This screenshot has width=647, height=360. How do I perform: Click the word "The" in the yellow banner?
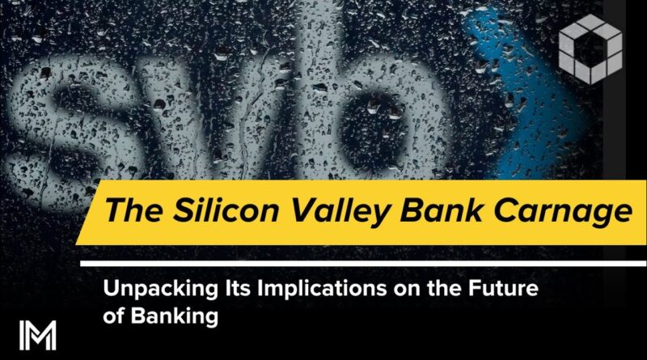point(133,210)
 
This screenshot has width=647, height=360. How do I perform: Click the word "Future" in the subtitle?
point(503,288)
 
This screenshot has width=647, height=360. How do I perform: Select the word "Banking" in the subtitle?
point(175,317)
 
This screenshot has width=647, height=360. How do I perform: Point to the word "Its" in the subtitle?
point(238,288)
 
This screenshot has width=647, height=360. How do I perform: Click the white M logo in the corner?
point(37,335)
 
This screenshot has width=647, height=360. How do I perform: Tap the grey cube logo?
point(590,49)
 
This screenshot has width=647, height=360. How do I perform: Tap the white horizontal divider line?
point(363,264)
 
